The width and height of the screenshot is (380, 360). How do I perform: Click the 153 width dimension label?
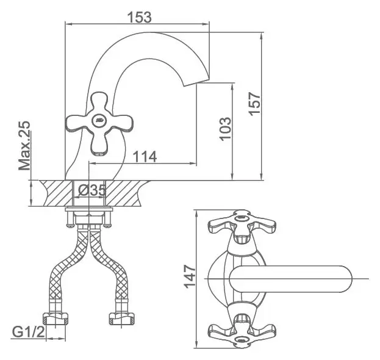139,17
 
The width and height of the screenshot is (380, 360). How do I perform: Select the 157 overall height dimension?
255,104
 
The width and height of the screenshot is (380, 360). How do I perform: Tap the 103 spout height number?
225,129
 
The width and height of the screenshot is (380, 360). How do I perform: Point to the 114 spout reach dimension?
145,157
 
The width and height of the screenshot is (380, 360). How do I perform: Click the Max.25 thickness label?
24,145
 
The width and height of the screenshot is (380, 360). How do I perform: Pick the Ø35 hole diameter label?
92,190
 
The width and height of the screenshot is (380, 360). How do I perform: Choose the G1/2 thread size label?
29,332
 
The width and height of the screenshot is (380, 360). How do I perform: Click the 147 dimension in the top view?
190,277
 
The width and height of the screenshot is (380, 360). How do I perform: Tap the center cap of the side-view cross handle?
99,120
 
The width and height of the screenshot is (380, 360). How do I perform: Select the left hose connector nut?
56,319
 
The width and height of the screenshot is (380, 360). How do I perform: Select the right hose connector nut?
121,319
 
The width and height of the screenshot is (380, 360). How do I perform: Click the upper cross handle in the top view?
242,225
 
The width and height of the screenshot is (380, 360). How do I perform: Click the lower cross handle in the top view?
242,331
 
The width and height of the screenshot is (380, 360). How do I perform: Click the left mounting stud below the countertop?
70,219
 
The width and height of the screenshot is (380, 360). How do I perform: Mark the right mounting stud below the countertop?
107,219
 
